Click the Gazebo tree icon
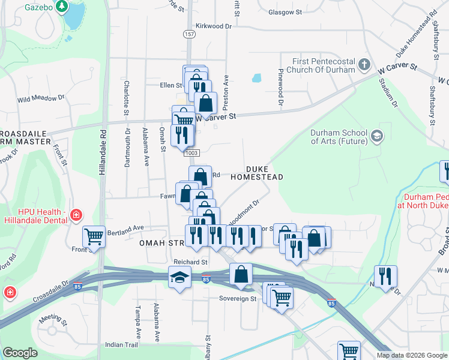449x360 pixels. pos(61,7)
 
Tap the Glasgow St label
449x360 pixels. pos(285,12)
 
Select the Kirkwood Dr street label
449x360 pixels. pos(213,26)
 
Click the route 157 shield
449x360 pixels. pos(190,34)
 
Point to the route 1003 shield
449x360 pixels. pos(191,153)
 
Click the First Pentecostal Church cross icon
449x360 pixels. pos(364,64)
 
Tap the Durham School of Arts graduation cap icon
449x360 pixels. pos(376,136)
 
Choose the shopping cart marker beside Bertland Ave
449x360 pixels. pos(94,236)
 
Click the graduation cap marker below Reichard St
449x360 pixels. pos(179,277)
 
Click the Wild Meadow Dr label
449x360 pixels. pos(41,97)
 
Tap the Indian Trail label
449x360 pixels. pos(122,344)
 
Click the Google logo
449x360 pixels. pos(20,353)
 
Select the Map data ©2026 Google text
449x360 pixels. pos(412,355)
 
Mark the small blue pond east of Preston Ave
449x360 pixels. pos(257,78)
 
